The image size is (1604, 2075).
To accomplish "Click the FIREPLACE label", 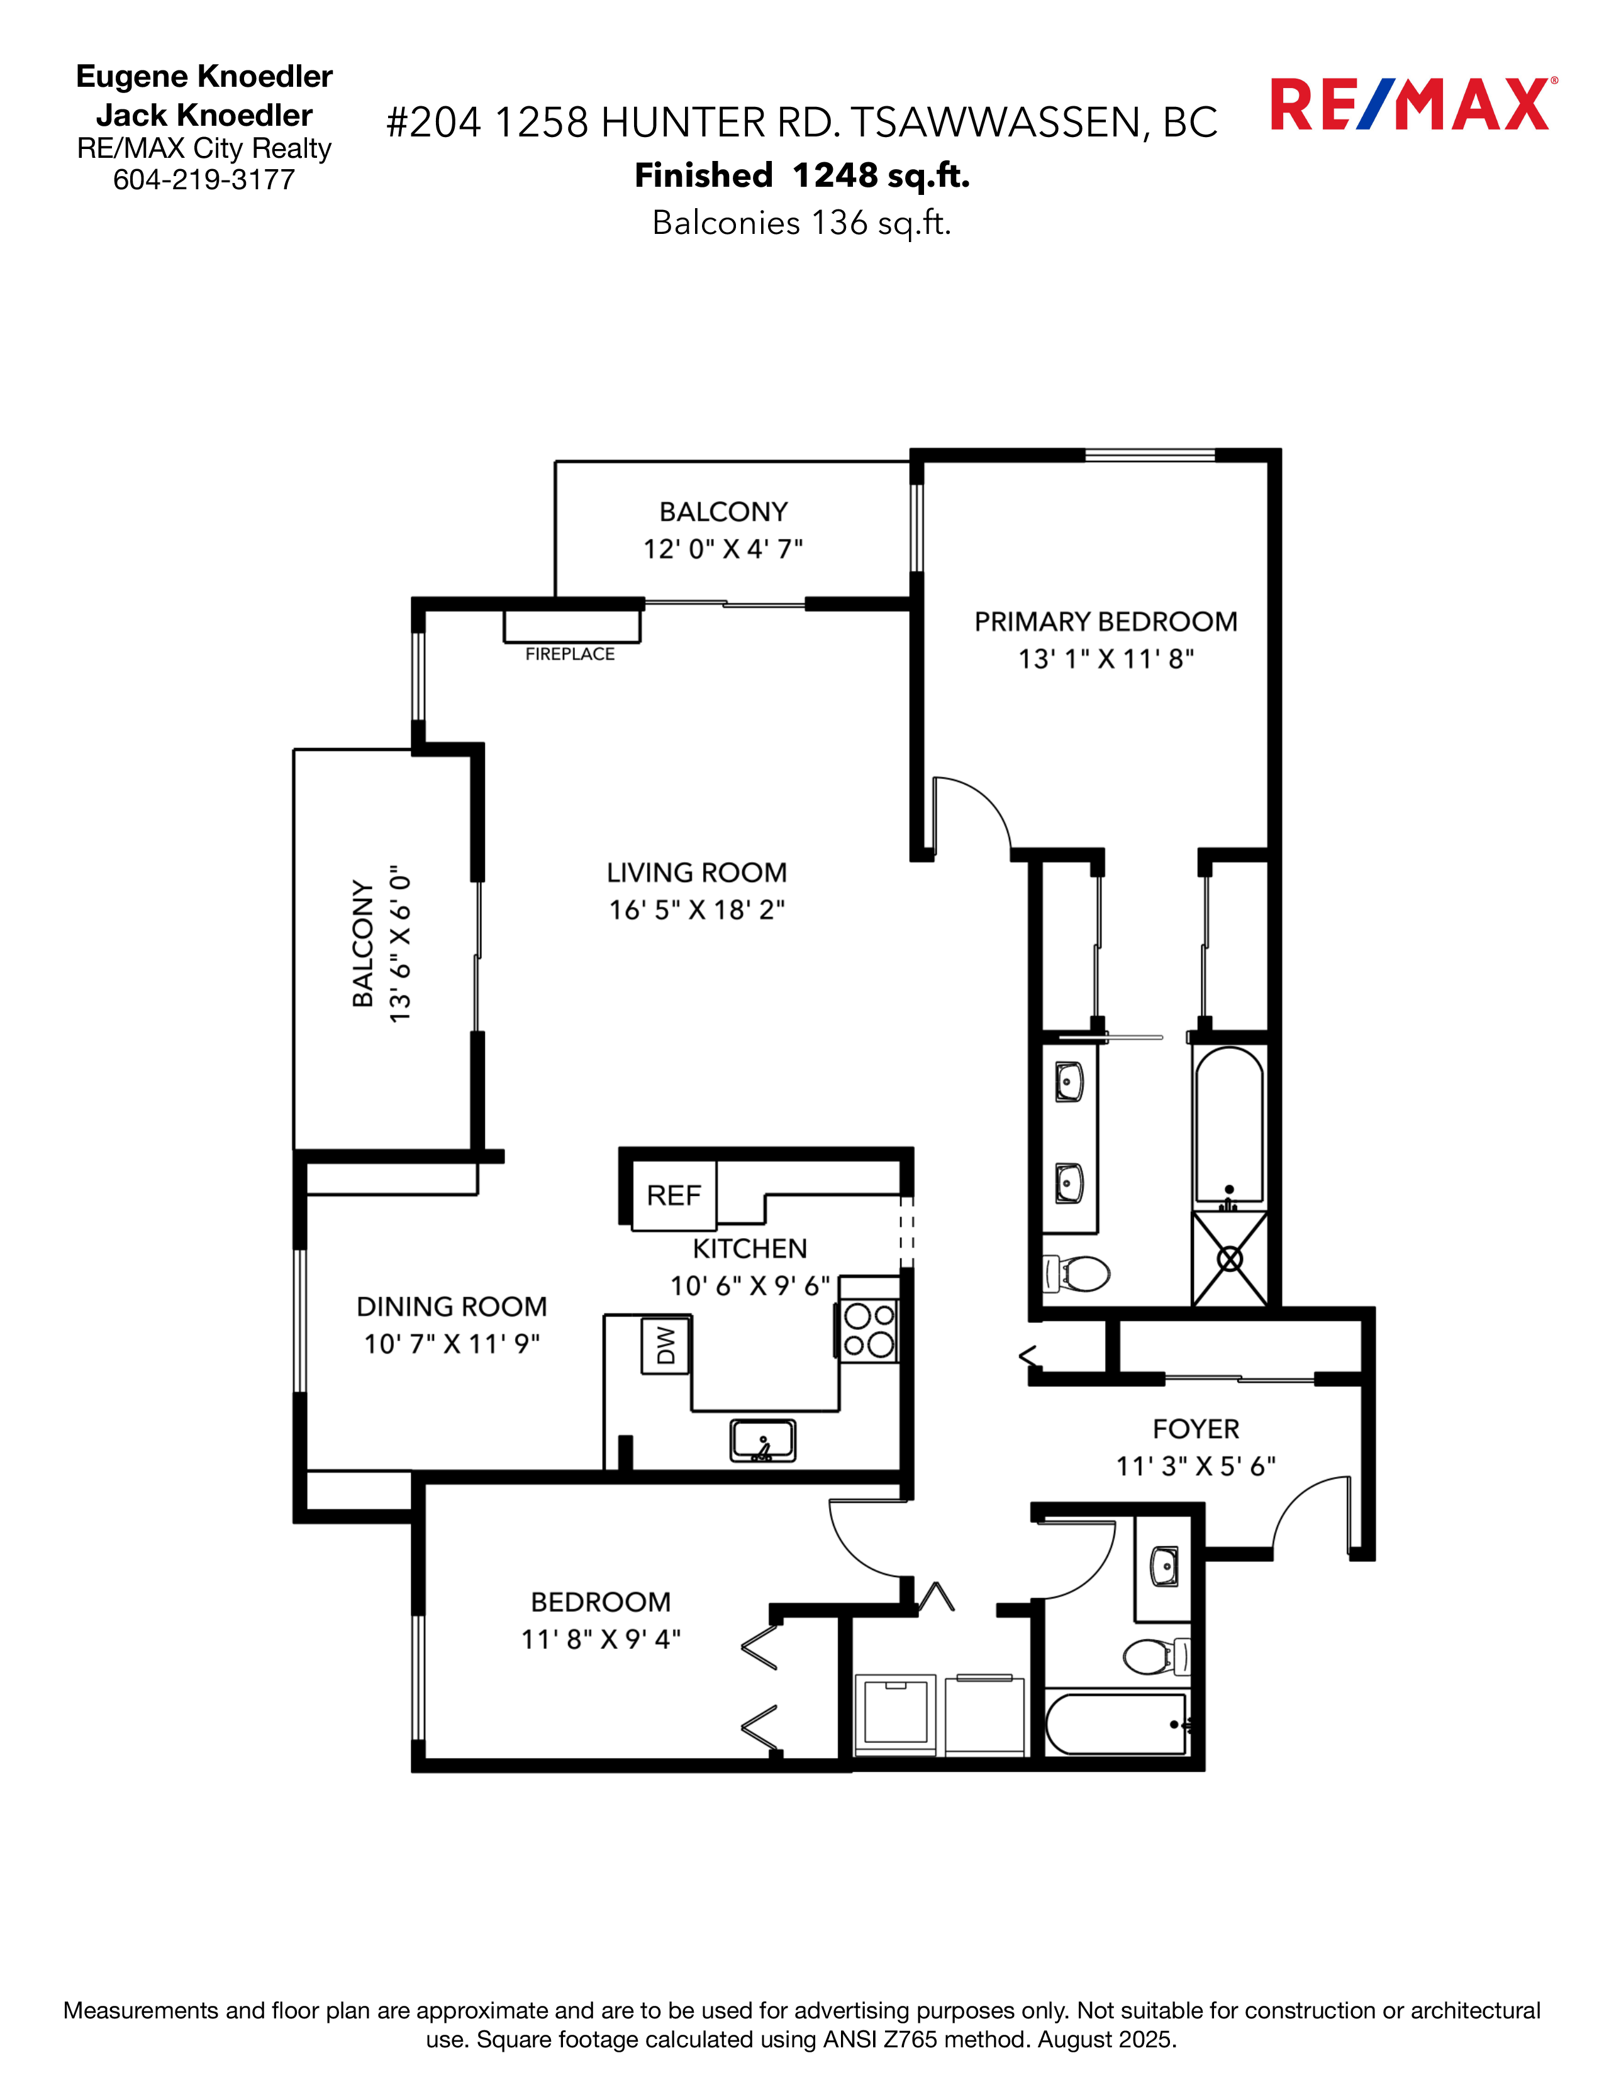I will click(x=569, y=654).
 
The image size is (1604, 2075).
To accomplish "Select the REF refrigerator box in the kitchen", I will click(x=674, y=1195).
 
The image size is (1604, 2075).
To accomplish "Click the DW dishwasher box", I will click(x=665, y=1344).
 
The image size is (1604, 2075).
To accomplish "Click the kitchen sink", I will click(x=762, y=1439).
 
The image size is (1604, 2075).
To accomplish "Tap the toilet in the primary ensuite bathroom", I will click(x=1079, y=1274).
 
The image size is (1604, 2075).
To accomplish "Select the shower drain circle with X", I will click(x=1230, y=1260).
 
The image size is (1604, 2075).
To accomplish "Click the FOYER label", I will click(x=1195, y=1429).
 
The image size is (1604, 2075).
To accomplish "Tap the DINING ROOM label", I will click(x=452, y=1307).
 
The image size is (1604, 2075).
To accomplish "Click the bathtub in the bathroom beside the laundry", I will click(x=1117, y=1724).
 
